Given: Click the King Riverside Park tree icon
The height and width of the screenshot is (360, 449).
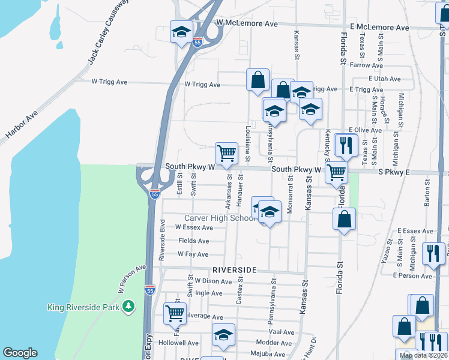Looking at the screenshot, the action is tap(128, 307).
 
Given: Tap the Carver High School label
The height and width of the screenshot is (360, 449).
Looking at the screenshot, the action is tap(220, 218).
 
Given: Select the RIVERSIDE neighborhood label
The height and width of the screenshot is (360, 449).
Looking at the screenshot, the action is tap(234, 270).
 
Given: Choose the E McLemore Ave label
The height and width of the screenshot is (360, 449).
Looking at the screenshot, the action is tap(379, 28).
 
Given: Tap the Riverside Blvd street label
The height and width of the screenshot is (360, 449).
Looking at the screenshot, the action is tap(161, 239).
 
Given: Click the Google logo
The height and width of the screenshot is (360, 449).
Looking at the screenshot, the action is tap(20, 353).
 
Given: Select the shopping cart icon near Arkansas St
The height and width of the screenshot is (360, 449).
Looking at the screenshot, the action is tap(226, 152).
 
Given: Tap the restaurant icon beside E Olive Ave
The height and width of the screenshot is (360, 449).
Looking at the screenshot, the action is tap(346, 144).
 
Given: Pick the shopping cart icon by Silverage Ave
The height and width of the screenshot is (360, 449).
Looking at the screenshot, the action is tap(174, 313).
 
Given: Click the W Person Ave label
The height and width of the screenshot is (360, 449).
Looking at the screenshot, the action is tap(132, 278).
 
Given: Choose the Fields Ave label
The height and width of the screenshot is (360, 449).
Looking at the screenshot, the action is tap(193, 241).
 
